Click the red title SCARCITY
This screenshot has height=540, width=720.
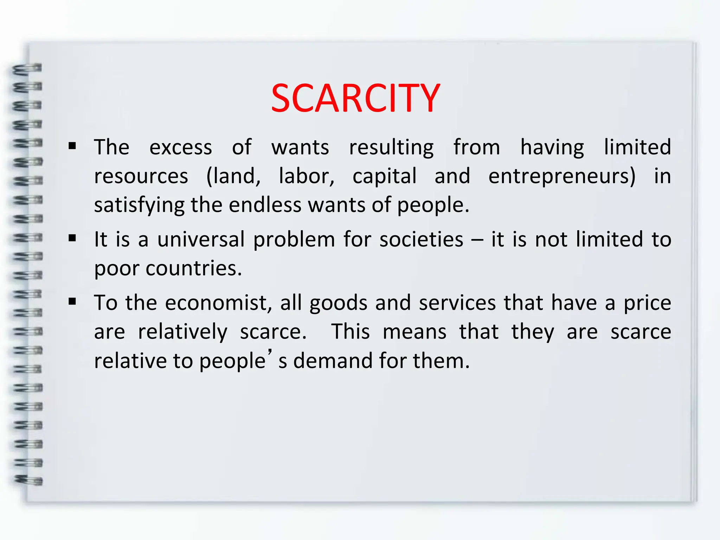[x=355, y=98]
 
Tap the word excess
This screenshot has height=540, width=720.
[x=181, y=147]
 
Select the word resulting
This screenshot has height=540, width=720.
[x=391, y=147]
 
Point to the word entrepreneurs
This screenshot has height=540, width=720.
[x=561, y=176]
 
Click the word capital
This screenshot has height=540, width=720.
[x=384, y=176]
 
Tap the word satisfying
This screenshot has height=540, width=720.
[x=139, y=205]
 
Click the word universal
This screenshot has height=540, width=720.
[x=201, y=240]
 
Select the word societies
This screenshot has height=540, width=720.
[x=421, y=240]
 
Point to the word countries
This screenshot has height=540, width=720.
[x=194, y=269]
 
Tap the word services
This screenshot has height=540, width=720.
[x=457, y=303]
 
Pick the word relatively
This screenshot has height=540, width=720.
[x=182, y=332]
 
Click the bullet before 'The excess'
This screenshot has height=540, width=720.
[x=72, y=146]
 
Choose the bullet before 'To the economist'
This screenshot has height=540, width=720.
[x=72, y=302]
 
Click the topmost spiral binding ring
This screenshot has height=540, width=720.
[x=27, y=69]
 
